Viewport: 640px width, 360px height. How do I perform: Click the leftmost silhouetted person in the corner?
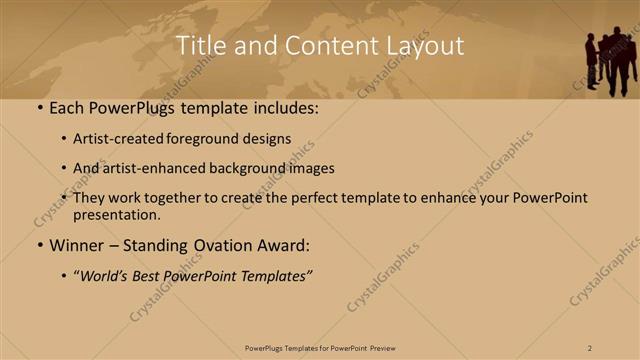click(x=591, y=61)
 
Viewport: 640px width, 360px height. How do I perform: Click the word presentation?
click(x=116, y=215)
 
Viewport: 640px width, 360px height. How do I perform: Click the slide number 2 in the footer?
click(x=590, y=347)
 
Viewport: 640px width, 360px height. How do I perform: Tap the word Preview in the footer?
click(x=382, y=347)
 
